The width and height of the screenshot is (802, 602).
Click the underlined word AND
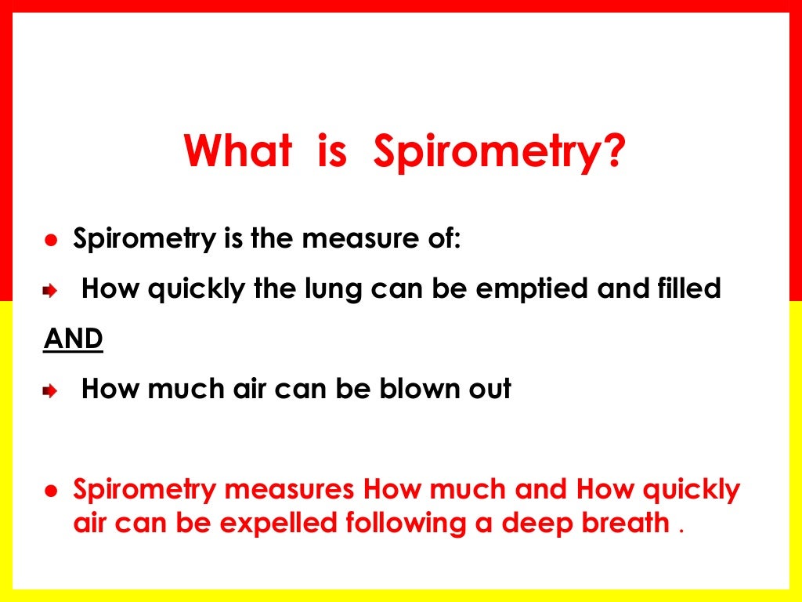(72, 339)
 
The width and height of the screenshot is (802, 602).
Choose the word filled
(685, 288)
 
